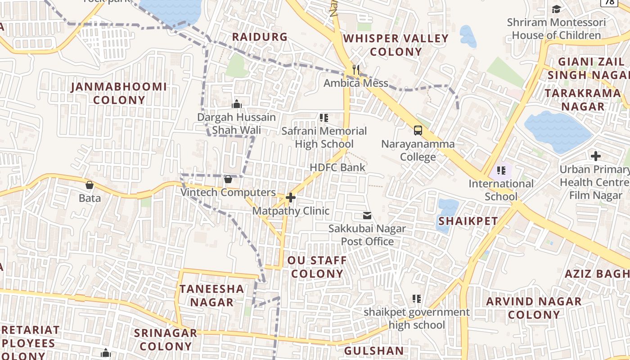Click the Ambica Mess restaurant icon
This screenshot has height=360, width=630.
pyautogui.click(x=356, y=70)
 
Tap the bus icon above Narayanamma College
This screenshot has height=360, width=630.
pyautogui.click(x=418, y=130)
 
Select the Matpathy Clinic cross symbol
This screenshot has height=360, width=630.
pyautogui.click(x=291, y=198)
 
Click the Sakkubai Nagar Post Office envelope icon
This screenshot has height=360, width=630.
pyautogui.click(x=367, y=216)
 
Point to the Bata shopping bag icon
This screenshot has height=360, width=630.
pyautogui.click(x=90, y=185)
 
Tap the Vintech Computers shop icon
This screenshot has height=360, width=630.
pyautogui.click(x=228, y=180)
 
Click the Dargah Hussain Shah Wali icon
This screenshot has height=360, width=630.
pyautogui.click(x=237, y=104)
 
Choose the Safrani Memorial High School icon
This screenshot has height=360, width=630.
pyautogui.click(x=324, y=118)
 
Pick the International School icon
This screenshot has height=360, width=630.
pyautogui.click(x=501, y=171)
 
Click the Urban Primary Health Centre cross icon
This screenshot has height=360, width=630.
pyautogui.click(x=596, y=156)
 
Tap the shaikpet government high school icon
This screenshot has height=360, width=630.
pyautogui.click(x=417, y=299)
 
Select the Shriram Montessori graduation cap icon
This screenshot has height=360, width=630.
pyautogui.click(x=557, y=9)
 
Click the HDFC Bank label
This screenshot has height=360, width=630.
pyautogui.click(x=337, y=167)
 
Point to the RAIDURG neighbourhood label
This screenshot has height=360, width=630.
pyautogui.click(x=260, y=37)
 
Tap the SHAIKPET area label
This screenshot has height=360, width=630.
pyautogui.click(x=468, y=221)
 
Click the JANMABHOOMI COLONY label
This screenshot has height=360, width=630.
pyautogui.click(x=119, y=93)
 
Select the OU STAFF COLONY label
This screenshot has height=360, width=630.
pyautogui.click(x=317, y=267)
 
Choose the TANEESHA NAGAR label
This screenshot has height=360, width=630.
pyautogui.click(x=212, y=295)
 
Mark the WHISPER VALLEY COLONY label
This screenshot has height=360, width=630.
pyautogui.click(x=396, y=45)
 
